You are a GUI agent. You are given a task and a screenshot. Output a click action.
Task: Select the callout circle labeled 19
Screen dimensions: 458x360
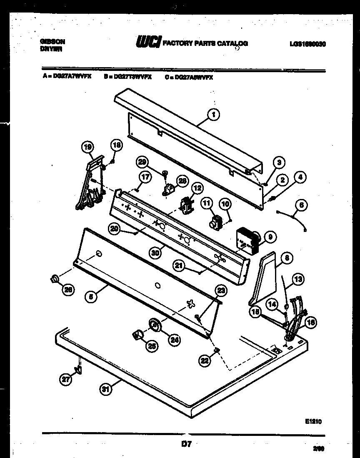click(88, 147)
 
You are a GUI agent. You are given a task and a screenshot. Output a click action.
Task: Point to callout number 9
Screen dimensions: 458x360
click(270, 237)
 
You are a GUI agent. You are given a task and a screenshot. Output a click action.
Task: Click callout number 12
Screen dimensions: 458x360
click(197, 189)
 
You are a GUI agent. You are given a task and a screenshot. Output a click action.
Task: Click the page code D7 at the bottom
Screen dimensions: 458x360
click(186, 444)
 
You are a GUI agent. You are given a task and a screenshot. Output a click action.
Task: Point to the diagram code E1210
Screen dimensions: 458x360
click(313, 421)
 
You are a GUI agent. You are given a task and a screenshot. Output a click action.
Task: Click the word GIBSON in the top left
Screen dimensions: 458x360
click(52, 42)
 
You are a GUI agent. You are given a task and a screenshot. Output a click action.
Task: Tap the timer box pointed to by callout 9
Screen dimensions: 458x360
click(247, 241)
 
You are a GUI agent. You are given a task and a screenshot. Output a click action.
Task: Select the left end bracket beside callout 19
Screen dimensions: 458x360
click(90, 184)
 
